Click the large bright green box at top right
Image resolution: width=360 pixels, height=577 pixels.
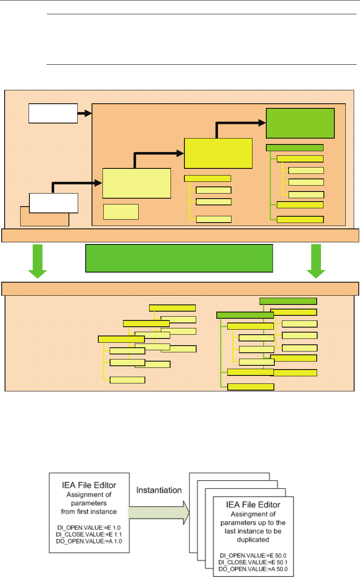(301, 123)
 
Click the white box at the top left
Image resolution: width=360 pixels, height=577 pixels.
(53, 113)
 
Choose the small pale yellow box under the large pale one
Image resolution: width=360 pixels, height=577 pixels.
(121, 212)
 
